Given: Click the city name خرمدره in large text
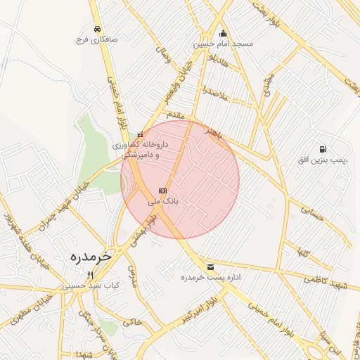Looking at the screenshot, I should (90, 257).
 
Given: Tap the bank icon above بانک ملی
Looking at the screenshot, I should (163, 191).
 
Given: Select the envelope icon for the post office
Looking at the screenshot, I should (210, 267).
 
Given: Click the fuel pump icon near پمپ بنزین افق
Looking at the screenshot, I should (322, 149).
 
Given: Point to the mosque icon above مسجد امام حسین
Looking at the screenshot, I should (224, 32).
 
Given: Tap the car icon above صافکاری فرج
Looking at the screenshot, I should (97, 29).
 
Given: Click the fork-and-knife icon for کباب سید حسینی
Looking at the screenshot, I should (89, 275).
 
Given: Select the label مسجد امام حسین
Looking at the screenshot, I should (224, 44).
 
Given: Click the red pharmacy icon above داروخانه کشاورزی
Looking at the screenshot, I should (141, 134).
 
